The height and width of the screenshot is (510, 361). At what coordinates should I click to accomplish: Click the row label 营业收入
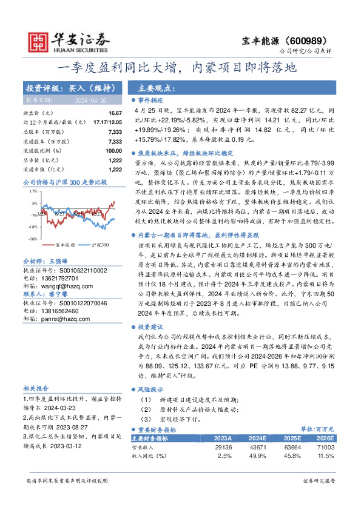[143, 446]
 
